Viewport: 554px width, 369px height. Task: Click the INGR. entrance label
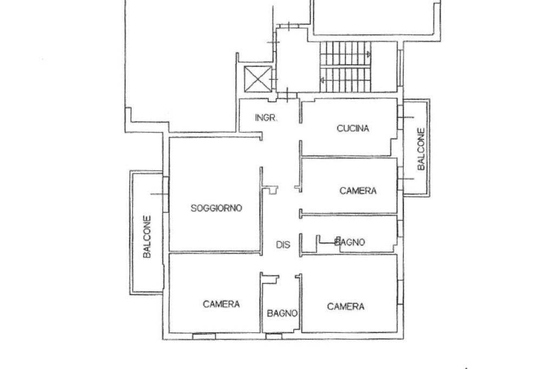[x=266, y=118]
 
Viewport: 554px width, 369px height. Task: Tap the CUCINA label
[x=353, y=128]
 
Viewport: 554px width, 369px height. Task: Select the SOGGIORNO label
[x=216, y=208]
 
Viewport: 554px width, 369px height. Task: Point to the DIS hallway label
[x=283, y=245]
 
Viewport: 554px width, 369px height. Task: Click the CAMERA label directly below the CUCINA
[x=358, y=191]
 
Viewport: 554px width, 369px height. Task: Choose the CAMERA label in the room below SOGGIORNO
[x=221, y=304]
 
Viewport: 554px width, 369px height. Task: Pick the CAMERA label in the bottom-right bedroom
[x=346, y=307]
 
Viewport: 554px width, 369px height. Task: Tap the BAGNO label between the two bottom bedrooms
[x=282, y=313]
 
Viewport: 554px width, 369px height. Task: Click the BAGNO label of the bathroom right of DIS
[x=349, y=242]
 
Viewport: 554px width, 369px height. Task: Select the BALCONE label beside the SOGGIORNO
[x=147, y=237]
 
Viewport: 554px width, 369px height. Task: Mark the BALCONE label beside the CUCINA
[x=421, y=148]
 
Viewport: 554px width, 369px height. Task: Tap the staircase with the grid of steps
[x=344, y=67]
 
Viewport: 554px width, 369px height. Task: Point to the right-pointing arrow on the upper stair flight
[x=368, y=54]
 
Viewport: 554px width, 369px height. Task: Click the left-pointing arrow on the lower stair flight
[x=323, y=81]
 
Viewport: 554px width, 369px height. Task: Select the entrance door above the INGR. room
[x=287, y=97]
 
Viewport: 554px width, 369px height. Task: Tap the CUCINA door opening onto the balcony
[x=400, y=118]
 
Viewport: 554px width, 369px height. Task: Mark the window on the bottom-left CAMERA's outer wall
[x=203, y=336]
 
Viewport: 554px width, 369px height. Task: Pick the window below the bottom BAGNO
[x=274, y=336]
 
